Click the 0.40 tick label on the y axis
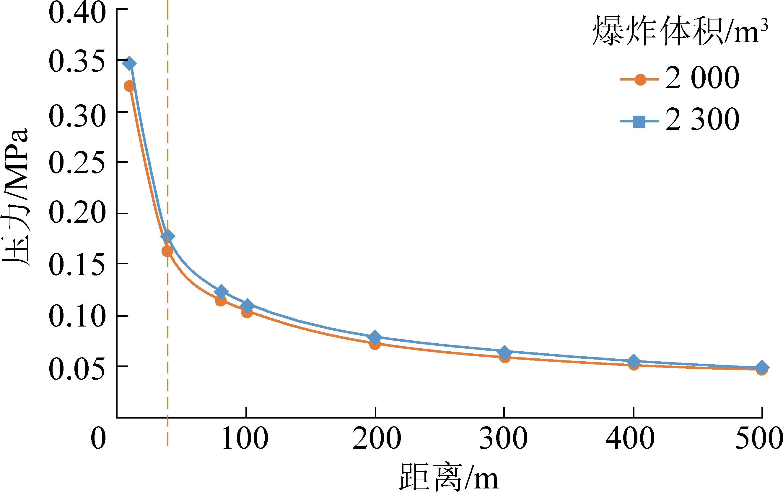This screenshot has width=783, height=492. click(77, 13)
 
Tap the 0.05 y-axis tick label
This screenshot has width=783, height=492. click(77, 369)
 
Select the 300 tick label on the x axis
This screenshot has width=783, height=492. click(504, 438)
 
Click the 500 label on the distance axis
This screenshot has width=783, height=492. click(759, 438)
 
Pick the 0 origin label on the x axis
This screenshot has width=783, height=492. click(98, 438)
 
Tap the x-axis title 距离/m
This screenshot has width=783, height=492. click(449, 477)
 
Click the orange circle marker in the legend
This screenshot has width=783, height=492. click(640, 79)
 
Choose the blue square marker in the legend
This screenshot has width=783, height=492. click(639, 122)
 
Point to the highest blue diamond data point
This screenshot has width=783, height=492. click(129, 63)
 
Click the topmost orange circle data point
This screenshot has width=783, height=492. click(129, 86)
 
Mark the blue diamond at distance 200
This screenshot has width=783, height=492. click(375, 337)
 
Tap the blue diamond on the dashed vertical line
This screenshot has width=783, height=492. click(167, 236)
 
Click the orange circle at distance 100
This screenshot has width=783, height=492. click(247, 313)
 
